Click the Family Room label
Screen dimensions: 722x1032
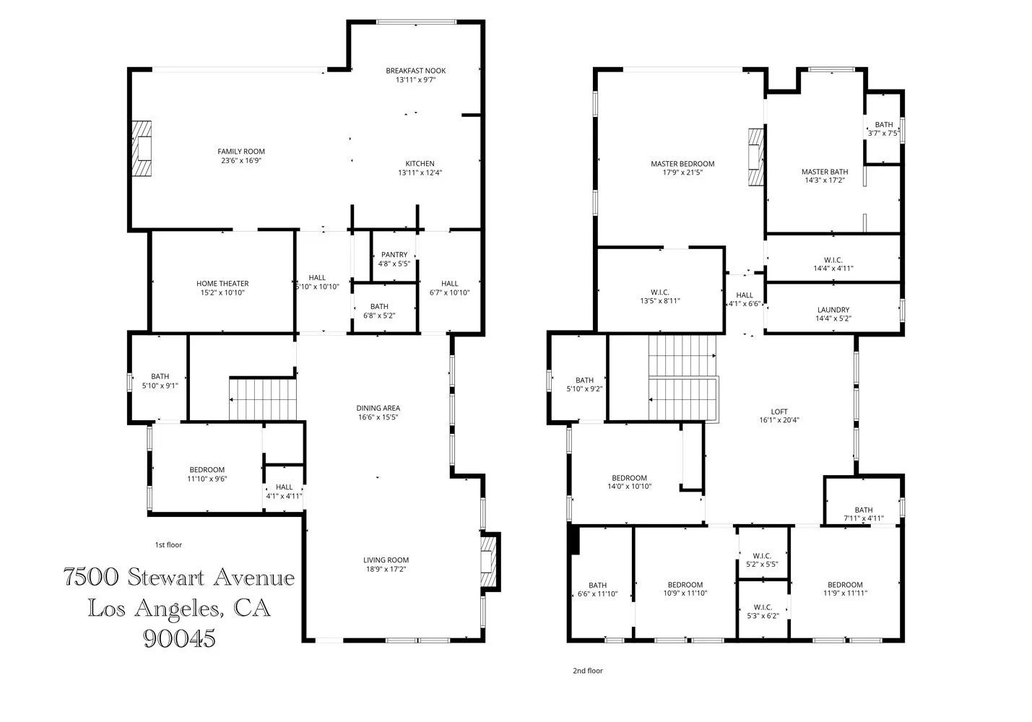click(241, 152)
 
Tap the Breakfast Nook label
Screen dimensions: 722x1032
click(415, 71)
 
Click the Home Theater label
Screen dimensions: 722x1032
click(222, 284)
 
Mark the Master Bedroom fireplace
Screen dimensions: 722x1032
click(755, 157)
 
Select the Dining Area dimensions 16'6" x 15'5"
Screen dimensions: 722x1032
click(378, 417)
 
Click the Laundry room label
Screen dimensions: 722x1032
click(833, 310)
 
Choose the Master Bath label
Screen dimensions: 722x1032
click(824, 172)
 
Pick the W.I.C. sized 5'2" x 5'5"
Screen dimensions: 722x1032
click(762, 560)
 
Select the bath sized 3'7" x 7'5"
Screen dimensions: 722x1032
click(883, 129)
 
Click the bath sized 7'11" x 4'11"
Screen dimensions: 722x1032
click(863, 514)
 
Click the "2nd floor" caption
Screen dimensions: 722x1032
click(587, 671)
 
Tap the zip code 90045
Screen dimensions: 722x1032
click(179, 638)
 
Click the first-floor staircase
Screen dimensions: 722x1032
click(263, 399)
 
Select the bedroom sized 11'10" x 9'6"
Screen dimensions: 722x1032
click(207, 474)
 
